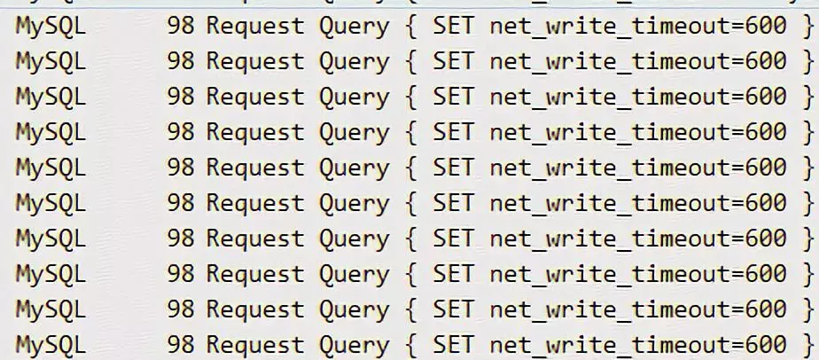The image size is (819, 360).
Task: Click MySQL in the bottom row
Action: pos(51,345)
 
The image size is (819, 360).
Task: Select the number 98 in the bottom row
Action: pos(180,345)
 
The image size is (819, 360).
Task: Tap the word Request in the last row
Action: pos(254,345)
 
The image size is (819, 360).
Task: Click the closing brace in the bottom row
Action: pos(807,345)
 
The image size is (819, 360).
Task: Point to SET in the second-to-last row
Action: pos(453,309)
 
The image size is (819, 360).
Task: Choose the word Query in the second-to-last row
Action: pos(354,309)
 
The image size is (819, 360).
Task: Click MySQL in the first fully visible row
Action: pos(51,26)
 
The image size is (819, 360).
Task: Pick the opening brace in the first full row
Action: pos(410,26)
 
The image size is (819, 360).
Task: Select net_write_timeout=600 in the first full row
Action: pos(637,26)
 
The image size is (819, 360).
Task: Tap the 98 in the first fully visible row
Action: pos(180,26)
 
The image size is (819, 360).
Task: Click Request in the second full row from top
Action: pos(254,61)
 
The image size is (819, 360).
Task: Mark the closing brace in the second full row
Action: pos(807,61)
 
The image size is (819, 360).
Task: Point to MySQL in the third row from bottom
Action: pos(51,274)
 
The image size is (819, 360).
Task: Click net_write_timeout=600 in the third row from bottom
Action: pos(637,274)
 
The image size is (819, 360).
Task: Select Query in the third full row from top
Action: pos(354,97)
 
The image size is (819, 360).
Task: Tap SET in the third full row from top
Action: pos(453,97)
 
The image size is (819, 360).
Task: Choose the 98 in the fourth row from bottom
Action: pos(180,239)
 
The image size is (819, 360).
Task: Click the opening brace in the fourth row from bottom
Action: pos(410,239)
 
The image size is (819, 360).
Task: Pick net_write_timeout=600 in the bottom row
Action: pos(637,345)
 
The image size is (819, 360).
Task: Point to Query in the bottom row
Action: pos(354,345)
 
